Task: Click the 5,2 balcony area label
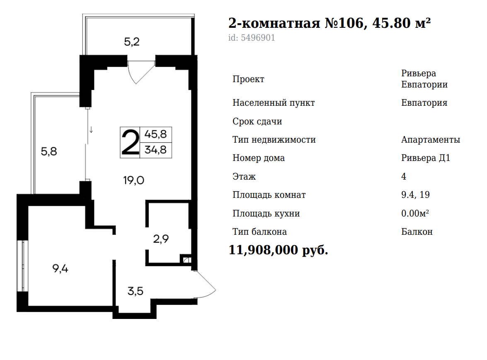(x=132, y=41)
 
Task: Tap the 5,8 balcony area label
(x=49, y=151)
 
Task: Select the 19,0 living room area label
(x=133, y=180)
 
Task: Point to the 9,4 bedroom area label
(x=60, y=268)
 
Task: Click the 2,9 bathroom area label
(x=161, y=239)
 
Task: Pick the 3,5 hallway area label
(x=136, y=291)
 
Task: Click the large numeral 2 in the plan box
(x=131, y=142)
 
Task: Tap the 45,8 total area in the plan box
(x=155, y=134)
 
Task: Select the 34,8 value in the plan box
(x=155, y=150)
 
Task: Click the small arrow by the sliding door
(x=91, y=130)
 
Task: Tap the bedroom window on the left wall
(x=23, y=266)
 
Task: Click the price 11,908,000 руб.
(x=278, y=250)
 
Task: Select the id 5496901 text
(x=252, y=38)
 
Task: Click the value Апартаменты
(x=431, y=140)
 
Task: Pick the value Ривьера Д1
(x=426, y=158)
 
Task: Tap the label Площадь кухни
(x=266, y=214)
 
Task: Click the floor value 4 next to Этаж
(x=403, y=177)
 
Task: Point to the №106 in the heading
(x=344, y=23)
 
